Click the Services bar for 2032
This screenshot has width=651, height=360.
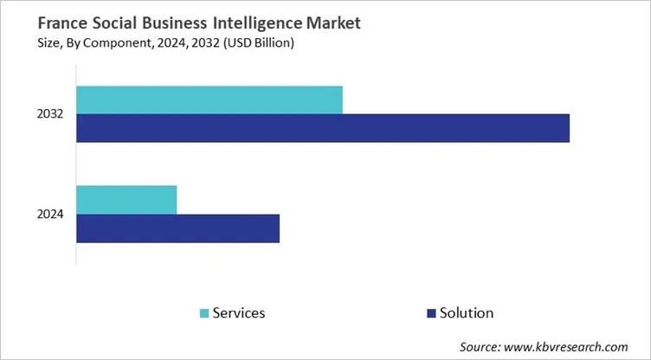[209, 100]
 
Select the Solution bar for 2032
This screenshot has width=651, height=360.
[322, 128]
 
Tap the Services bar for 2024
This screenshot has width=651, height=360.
[126, 200]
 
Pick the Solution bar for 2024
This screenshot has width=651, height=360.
[177, 228]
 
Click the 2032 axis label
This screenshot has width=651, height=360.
[51, 114]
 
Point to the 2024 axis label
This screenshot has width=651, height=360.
[51, 215]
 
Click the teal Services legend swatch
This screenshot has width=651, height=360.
[204, 312]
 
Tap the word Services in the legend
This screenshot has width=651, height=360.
[239, 312]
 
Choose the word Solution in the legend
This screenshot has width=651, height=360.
[467, 312]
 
